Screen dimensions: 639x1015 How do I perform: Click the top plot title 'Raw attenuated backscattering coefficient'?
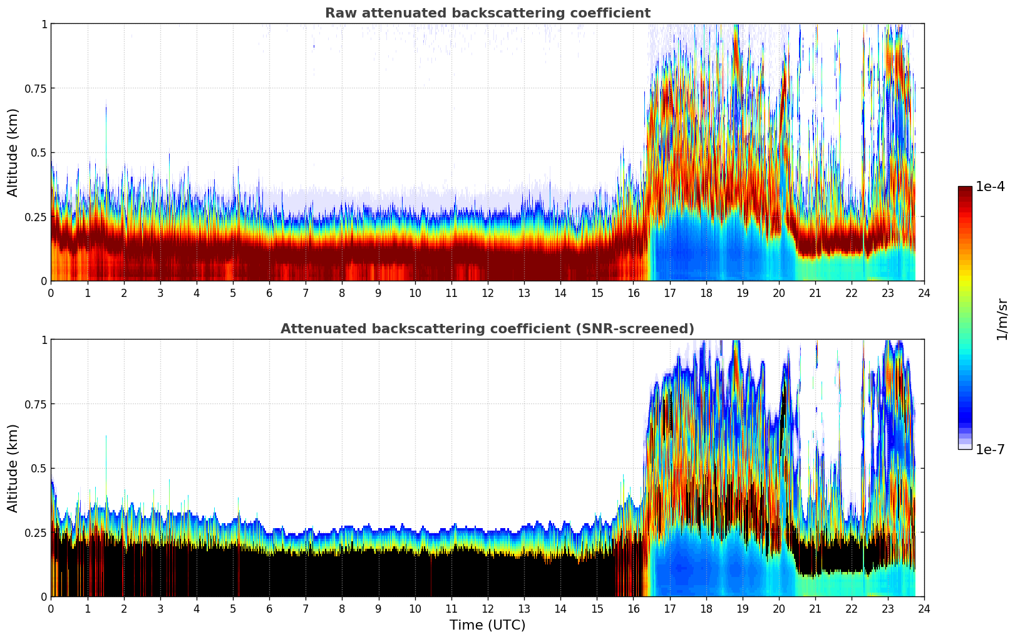coord(487,13)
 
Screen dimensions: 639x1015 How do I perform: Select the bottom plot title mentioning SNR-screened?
coord(487,329)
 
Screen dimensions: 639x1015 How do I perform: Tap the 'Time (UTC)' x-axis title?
coord(487,625)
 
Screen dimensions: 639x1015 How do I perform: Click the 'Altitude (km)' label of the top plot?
coord(13,152)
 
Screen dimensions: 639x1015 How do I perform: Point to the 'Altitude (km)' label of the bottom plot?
coord(13,468)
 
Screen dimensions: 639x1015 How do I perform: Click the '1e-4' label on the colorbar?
coord(990,187)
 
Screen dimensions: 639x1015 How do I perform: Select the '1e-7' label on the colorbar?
coord(990,449)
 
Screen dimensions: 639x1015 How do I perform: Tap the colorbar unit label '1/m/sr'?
coord(1002,319)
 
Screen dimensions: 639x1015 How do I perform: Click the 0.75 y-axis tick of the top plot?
coord(36,88)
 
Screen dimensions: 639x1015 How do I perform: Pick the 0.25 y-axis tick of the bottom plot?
coord(36,532)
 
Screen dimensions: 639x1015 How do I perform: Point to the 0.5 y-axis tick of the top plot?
coord(39,153)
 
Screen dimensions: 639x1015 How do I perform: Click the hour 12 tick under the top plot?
coord(487,293)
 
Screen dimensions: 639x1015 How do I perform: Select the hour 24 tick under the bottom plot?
coord(924,608)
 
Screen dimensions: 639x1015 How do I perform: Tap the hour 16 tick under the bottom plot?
coord(633,608)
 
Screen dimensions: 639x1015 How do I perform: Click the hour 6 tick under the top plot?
coord(269,293)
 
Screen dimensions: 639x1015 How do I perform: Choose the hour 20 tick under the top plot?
coord(778,293)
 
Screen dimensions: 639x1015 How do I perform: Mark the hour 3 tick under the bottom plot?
coord(160,608)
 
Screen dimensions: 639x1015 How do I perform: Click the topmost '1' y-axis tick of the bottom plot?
coord(44,340)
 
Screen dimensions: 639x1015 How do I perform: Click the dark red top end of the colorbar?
coord(965,189)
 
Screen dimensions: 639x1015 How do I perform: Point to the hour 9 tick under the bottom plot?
coord(378,608)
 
